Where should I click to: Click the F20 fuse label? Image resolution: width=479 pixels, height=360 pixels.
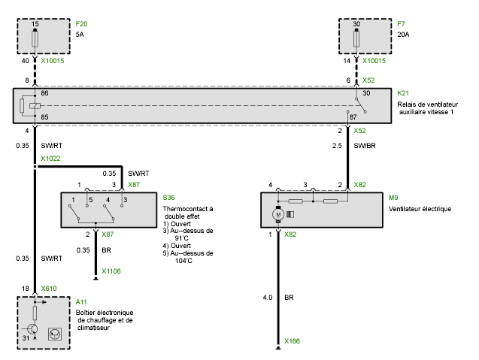(81, 24)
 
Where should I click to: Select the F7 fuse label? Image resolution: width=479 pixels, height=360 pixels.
(401, 24)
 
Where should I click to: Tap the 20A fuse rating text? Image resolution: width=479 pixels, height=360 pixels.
(403, 35)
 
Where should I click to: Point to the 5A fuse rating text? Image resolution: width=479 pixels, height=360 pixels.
(80, 35)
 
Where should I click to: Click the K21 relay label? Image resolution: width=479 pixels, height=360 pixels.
(403, 93)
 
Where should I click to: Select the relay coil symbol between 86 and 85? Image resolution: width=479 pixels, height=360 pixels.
(35, 106)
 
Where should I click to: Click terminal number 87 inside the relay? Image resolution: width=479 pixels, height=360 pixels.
(353, 117)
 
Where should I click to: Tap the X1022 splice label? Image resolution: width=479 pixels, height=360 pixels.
(50, 159)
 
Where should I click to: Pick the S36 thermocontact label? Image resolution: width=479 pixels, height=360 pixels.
(168, 198)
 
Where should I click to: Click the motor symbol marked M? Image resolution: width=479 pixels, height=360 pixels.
(278, 214)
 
